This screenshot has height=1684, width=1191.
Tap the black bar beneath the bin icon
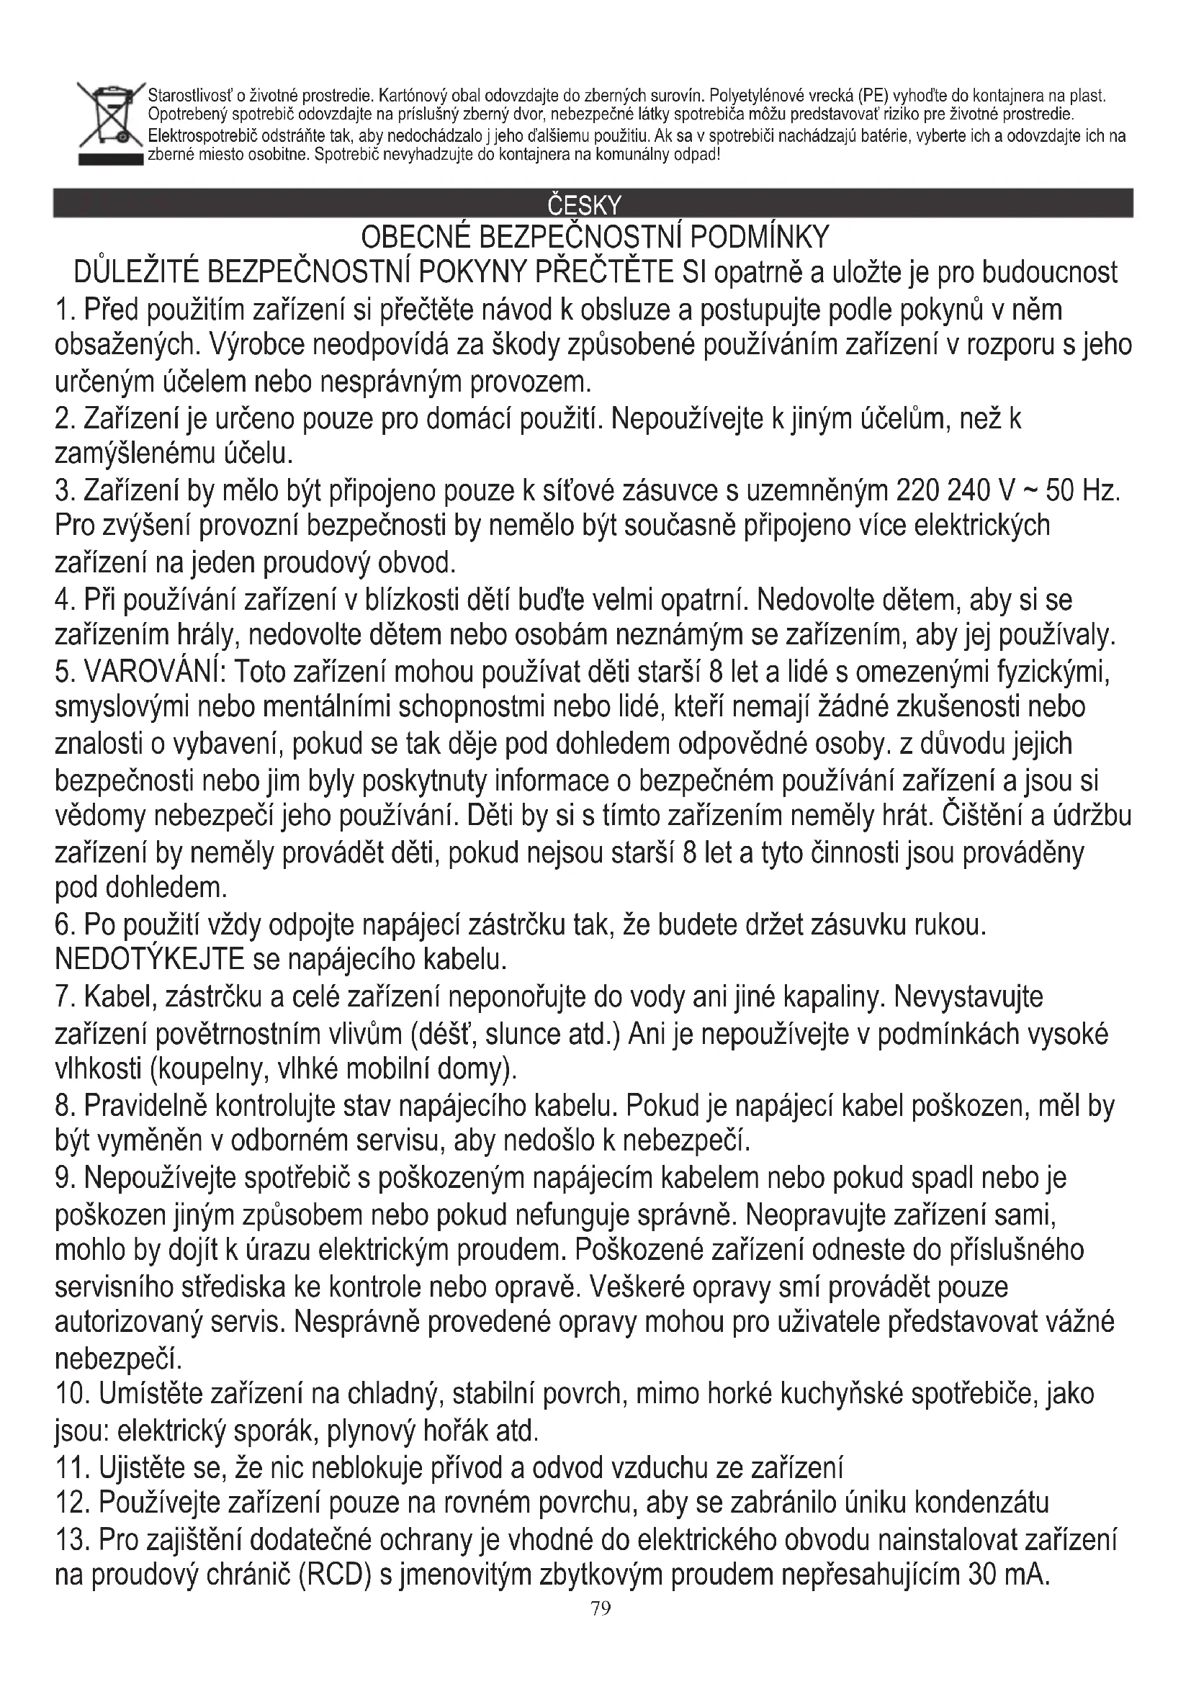(x=110, y=160)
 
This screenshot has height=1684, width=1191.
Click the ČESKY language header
(x=585, y=204)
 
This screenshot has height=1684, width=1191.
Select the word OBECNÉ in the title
(x=414, y=237)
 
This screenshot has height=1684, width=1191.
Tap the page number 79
(x=600, y=1608)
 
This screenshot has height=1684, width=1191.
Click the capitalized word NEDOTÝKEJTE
(x=150, y=959)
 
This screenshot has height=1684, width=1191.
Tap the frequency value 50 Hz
(x=1081, y=490)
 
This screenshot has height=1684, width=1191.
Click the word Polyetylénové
(x=755, y=96)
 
